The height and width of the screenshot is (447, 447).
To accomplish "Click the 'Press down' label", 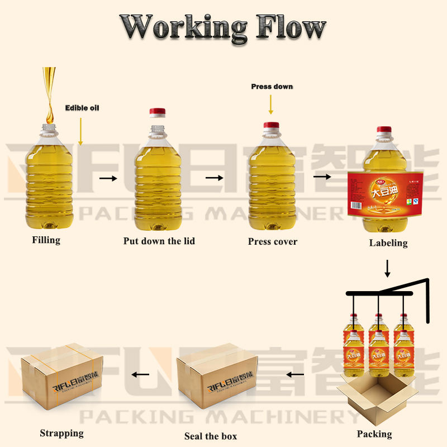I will [272, 87].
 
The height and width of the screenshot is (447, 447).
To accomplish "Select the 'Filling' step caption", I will [46, 240].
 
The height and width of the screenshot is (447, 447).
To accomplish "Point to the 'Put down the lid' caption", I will [159, 241].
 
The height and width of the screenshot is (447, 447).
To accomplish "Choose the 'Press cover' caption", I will [273, 241].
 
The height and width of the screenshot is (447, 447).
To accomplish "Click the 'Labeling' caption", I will [388, 243].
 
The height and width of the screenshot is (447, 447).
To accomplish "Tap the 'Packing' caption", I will [374, 434].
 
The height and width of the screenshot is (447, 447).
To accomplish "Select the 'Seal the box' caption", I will [211, 436].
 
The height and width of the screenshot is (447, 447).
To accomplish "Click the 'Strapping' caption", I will [61, 433].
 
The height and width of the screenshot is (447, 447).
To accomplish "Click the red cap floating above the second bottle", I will [158, 112].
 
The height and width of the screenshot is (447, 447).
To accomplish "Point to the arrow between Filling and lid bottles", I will [108, 179].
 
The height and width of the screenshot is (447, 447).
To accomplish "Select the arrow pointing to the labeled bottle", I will [321, 177].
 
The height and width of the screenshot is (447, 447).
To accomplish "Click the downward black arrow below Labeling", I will [388, 268].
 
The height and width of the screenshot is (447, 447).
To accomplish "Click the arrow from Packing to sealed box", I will [296, 374].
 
